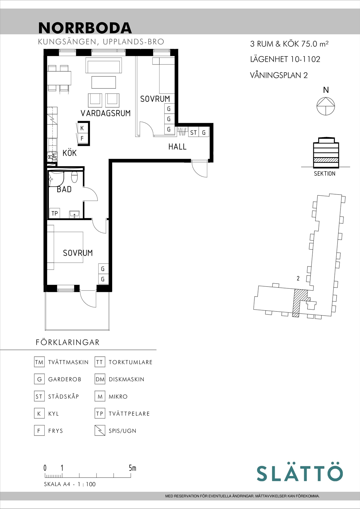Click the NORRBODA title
85,28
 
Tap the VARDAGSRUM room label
106,113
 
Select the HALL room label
177,147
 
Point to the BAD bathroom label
64,189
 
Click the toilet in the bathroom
75,177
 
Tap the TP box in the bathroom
55,213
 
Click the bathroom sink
74,214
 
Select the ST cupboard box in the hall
193,132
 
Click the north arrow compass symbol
326,106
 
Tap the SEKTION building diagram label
325,174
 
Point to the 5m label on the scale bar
132,468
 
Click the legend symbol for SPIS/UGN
100,430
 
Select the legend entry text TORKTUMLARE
130,362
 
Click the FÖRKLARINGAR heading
67,342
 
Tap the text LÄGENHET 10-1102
285,59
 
